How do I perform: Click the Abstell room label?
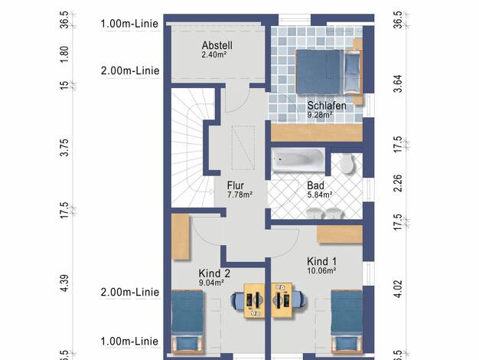point(217,45)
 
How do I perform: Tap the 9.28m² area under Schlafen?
point(320,115)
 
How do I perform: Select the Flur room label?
point(236,185)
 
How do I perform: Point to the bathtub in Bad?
point(298,159)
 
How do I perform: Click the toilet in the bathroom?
point(347,163)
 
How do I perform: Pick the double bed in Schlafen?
point(329,72)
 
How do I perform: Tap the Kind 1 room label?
point(321,261)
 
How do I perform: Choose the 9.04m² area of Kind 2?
point(211,283)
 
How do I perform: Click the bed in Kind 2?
point(187,322)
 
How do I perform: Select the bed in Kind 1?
point(347,322)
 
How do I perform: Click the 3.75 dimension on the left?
point(64,147)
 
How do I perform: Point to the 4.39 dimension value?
point(64,283)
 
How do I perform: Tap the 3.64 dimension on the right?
point(398,83)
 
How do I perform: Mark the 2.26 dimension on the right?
point(398,183)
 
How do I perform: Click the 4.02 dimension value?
point(398,289)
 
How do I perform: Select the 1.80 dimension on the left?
point(64,54)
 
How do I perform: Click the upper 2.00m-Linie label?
point(130,70)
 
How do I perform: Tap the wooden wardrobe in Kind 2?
point(181,237)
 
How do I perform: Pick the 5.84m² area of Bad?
point(320,195)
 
